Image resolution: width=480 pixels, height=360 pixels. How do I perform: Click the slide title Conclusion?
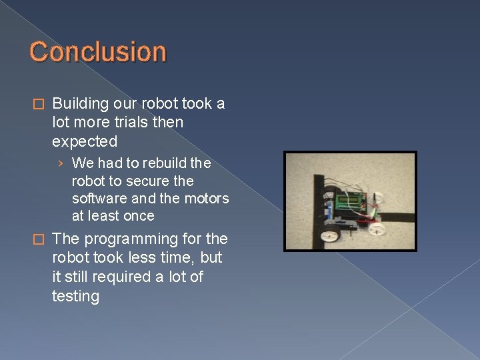(x=97, y=52)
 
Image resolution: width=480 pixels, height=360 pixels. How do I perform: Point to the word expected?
(x=84, y=141)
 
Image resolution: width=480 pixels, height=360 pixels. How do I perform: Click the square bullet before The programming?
(x=39, y=239)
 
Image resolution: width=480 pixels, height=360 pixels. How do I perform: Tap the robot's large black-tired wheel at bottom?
(x=331, y=234)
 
